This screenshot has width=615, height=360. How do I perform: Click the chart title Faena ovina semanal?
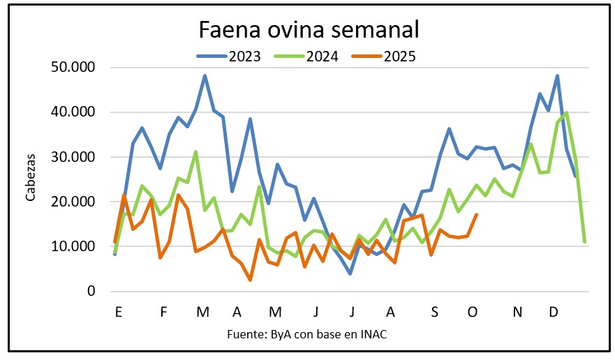(x=309, y=30)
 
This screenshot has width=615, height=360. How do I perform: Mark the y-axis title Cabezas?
(x=31, y=179)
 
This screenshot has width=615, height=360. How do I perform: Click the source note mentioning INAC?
(x=306, y=334)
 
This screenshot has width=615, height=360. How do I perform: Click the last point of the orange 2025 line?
(x=477, y=215)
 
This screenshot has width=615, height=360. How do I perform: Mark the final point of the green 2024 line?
(x=584, y=241)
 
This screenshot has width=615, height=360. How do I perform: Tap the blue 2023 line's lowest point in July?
(x=350, y=273)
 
